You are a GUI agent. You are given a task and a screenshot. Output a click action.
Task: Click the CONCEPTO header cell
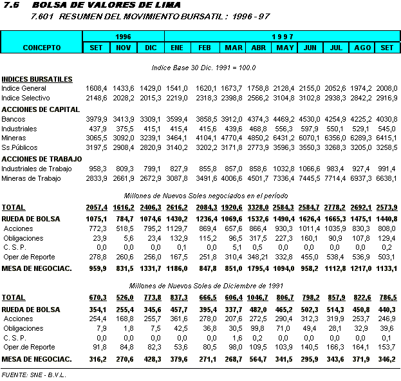pyautogui.click(x=42, y=48)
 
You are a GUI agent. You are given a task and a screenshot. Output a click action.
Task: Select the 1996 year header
pyautogui.click(x=123, y=36)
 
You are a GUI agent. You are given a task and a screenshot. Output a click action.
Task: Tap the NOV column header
pyautogui.click(x=124, y=48)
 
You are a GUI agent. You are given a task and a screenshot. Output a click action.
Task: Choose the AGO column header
pyautogui.click(x=363, y=48)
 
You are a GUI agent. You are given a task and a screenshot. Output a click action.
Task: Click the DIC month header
pyautogui.click(x=151, y=48)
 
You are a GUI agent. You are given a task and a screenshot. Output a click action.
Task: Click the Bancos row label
pyautogui.click(x=13, y=119)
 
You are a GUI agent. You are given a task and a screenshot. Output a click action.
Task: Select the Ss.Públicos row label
pyautogui.click(x=19, y=147)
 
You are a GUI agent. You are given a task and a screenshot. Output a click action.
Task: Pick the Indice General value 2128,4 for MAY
pyautogui.click(x=284, y=88)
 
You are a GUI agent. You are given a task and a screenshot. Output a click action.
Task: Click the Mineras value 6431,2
pyautogui.click(x=284, y=138)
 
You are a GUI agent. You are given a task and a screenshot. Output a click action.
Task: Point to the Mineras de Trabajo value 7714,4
pyautogui.click(x=337, y=178)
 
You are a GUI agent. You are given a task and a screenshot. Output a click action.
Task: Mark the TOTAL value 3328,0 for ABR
pyautogui.click(x=257, y=208)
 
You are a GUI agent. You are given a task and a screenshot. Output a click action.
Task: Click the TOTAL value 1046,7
pyautogui.click(x=257, y=298)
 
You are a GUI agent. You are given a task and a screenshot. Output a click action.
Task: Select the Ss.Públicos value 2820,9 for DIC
pyautogui.click(x=151, y=147)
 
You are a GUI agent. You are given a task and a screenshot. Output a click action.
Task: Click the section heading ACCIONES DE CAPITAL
pyautogui.click(x=41, y=109)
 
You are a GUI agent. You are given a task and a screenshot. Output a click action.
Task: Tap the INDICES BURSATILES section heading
pyautogui.click(x=37, y=79)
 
